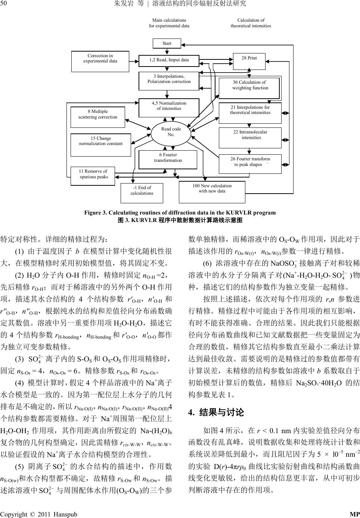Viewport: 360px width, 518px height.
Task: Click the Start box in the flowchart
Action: coord(167,43)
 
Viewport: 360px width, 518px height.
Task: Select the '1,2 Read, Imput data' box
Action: coord(169,60)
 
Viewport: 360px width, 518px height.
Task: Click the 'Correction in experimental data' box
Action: coord(100,61)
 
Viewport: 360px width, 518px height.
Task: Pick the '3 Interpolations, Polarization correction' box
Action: coord(169,81)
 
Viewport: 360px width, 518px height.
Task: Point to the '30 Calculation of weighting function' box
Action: coord(250,88)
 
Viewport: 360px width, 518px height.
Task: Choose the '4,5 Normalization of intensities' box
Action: coord(169,108)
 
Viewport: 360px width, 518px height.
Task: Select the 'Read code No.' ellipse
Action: coord(171,132)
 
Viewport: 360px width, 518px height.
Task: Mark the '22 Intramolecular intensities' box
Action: coord(250,138)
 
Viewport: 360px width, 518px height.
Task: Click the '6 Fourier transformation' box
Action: coord(168,159)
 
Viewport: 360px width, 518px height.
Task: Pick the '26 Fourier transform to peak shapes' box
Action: coord(250,164)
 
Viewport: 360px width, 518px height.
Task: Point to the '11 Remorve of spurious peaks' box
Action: coord(93,175)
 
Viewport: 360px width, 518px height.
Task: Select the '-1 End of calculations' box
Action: coord(142,192)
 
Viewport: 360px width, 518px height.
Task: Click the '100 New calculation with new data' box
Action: coord(212,191)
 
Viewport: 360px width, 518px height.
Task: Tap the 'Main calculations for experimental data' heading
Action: coord(169,23)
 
